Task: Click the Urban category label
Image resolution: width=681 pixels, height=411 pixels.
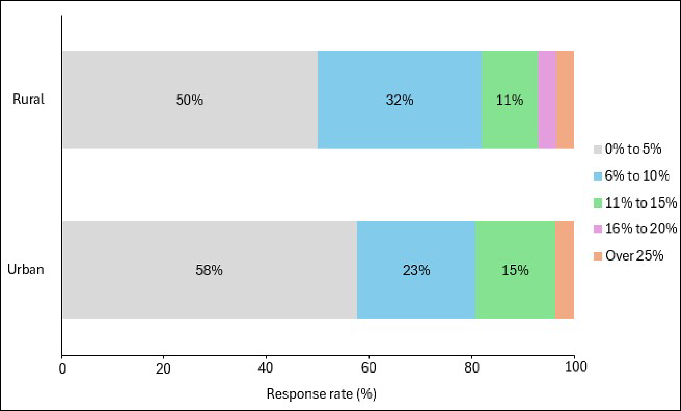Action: [x=26, y=269]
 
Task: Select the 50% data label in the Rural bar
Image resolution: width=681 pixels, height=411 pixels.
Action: [x=189, y=100]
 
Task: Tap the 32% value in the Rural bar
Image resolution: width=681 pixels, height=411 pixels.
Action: [x=399, y=100]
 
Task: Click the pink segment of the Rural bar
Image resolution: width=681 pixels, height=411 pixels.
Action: [x=547, y=100]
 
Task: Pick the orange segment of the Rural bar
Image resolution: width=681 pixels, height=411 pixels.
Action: [x=565, y=100]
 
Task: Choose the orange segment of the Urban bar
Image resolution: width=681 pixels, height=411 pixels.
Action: [x=565, y=270]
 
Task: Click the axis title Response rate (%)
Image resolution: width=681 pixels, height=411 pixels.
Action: [x=321, y=394]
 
